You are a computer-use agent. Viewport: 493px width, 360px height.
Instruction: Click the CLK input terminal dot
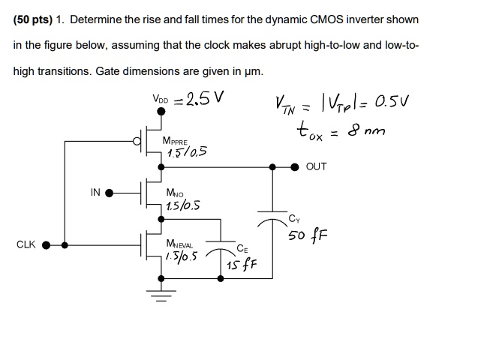[47, 244]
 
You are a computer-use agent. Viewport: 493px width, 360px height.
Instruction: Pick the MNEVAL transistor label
[179, 244]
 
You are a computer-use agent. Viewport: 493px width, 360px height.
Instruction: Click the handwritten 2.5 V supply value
[203, 100]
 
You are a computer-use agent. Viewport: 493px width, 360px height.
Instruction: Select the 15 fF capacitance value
[245, 264]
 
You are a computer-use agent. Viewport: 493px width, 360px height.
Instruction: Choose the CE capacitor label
[241, 247]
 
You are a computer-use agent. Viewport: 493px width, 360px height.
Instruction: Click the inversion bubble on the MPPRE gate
[136, 140]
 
